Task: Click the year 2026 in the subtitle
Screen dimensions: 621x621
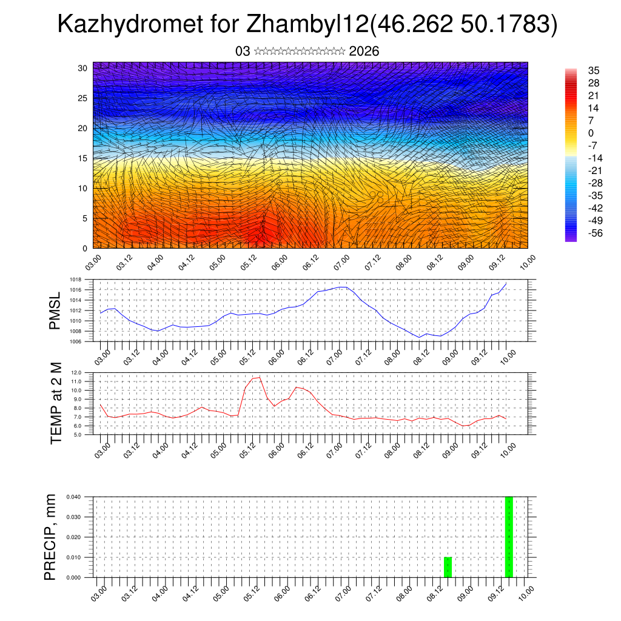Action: pyautogui.click(x=364, y=52)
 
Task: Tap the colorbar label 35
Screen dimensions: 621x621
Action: pyautogui.click(x=594, y=70)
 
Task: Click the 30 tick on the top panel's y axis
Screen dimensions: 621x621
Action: pyautogui.click(x=82, y=68)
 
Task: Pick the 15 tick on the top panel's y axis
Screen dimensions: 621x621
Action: pyautogui.click(x=82, y=158)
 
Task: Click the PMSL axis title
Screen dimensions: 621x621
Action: pyautogui.click(x=55, y=310)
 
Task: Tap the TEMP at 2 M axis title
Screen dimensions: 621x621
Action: pyautogui.click(x=56, y=403)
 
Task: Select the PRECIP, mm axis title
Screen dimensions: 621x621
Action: pyautogui.click(x=52, y=537)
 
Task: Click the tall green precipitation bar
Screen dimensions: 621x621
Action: pyautogui.click(x=509, y=537)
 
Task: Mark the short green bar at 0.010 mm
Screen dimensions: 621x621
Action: pyautogui.click(x=448, y=567)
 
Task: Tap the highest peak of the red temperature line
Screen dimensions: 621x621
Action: pyautogui.click(x=260, y=377)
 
